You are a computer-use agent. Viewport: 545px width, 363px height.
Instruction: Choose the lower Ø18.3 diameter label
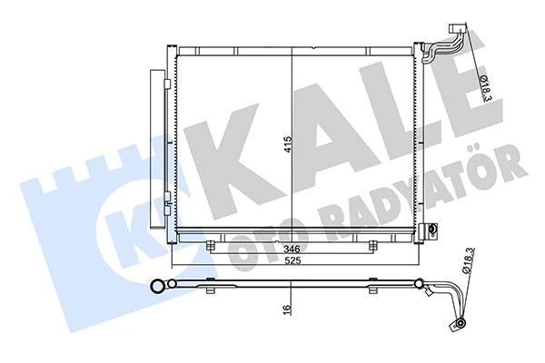coord(469,264)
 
